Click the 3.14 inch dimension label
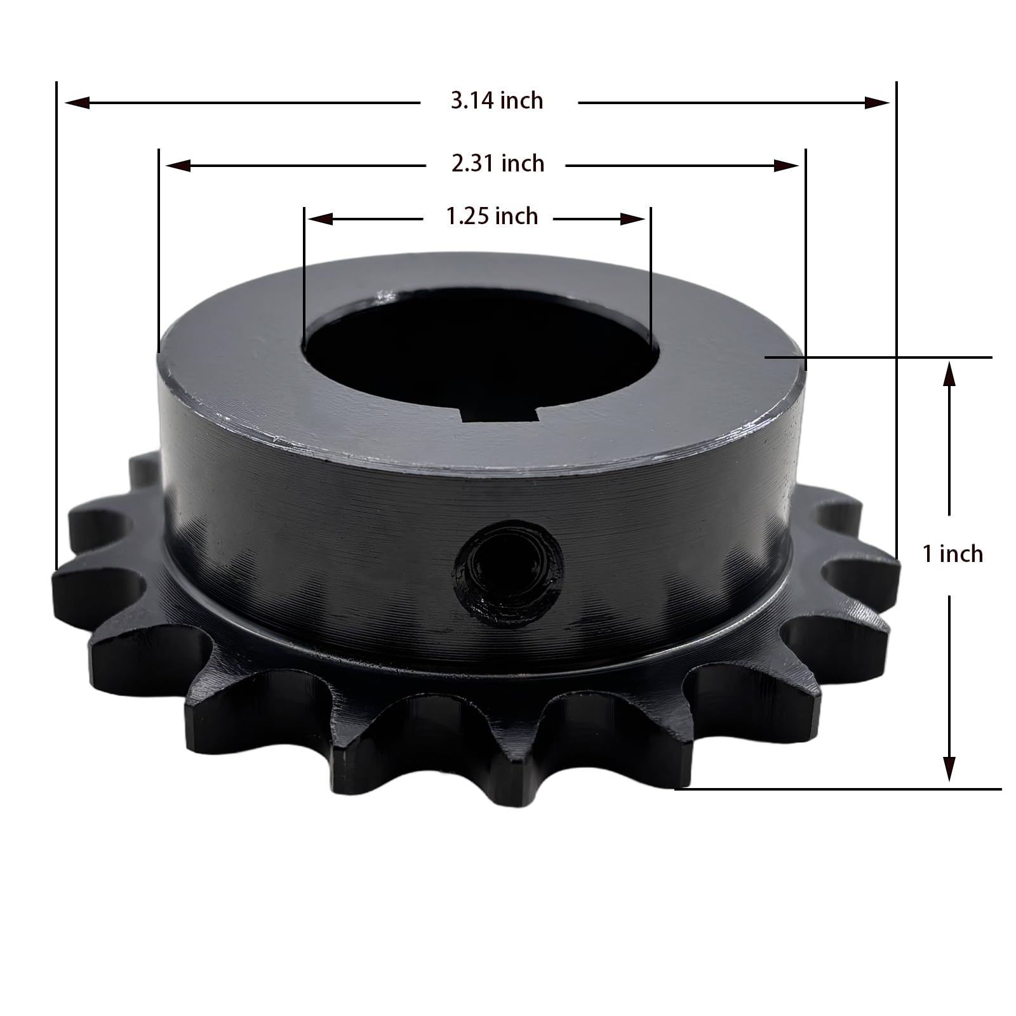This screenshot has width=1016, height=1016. (x=497, y=101)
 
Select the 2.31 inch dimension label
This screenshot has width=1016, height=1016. (x=498, y=164)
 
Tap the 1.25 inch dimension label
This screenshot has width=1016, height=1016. (x=492, y=217)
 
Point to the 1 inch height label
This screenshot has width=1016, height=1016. (x=952, y=554)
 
